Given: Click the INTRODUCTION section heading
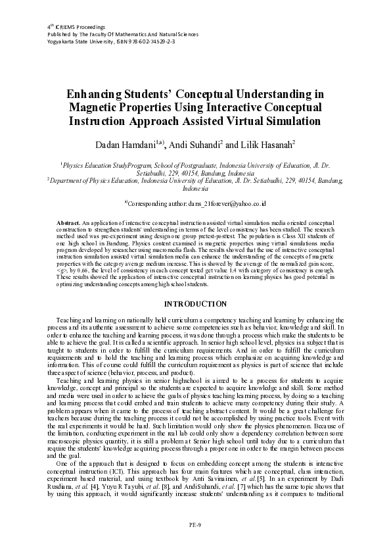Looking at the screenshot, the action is (195, 303).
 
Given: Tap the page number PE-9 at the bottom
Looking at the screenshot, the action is (195, 524).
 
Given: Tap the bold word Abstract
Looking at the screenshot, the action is (68, 224).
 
